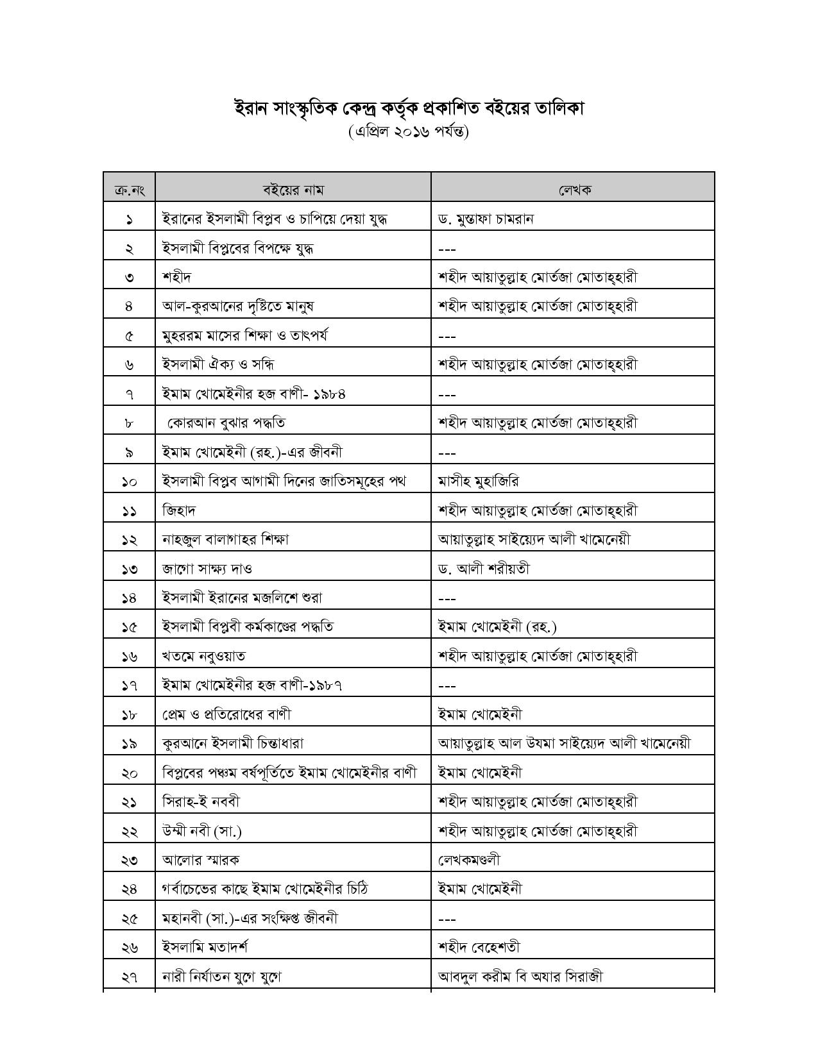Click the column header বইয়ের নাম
(293, 190)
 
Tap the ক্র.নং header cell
(129, 190)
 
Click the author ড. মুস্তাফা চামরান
(486, 219)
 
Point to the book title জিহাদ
(179, 510)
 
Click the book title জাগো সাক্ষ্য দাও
(207, 569)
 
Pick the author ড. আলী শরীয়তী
(484, 569)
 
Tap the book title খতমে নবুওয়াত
(203, 656)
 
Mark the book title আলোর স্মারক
(201, 860)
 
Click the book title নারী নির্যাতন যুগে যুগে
(222, 977)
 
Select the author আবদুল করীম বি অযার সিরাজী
(520, 977)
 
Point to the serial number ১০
(129, 482)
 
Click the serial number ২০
(129, 773)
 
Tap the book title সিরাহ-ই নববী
(201, 802)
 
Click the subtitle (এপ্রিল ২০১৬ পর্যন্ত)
(409, 131)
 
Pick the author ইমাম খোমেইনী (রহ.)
(497, 627)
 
